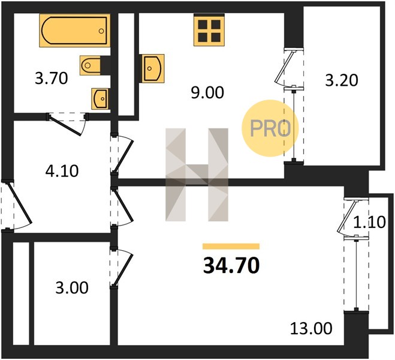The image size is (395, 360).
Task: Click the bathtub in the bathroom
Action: (x=74, y=30)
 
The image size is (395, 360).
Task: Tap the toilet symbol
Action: (x=91, y=65)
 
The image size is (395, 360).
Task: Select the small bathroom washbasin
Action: (x=100, y=99)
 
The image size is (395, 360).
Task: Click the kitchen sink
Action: (x=152, y=68)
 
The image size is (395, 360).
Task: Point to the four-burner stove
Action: (x=209, y=31)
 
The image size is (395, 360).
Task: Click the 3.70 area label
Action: (x=52, y=78)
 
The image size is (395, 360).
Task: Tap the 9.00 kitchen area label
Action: (x=207, y=92)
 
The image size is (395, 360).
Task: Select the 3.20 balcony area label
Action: (x=341, y=80)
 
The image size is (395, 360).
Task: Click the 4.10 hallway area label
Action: (x=62, y=171)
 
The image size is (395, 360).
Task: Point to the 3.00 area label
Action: (x=72, y=288)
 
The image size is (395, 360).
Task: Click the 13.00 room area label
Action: (x=311, y=329)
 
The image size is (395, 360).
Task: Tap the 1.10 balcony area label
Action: (x=369, y=223)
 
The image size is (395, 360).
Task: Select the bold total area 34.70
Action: (x=231, y=266)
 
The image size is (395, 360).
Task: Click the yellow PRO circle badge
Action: (x=270, y=128)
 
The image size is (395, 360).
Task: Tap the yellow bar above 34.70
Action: (x=231, y=247)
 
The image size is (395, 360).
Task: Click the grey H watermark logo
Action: (x=197, y=175)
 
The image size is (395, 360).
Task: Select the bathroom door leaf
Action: (x=65, y=125)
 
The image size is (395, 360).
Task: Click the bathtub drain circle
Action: (x=101, y=31)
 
